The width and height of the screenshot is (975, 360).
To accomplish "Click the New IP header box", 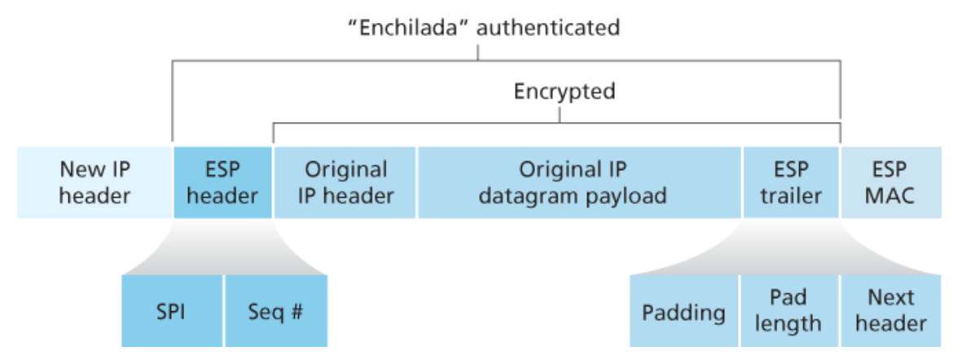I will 94,182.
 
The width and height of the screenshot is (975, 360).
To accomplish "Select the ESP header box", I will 222,182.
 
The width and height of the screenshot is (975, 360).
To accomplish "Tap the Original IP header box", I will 345,182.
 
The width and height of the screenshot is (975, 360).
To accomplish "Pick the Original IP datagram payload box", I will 579,182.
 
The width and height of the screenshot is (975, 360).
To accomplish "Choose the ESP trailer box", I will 791,182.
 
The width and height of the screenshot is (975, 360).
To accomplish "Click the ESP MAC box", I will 891,182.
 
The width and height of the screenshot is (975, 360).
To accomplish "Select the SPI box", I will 172,312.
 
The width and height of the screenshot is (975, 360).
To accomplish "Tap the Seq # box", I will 275,312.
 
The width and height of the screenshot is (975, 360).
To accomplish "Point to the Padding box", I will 683,312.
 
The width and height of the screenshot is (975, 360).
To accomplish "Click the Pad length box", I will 788,310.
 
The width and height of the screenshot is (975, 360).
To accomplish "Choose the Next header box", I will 890,310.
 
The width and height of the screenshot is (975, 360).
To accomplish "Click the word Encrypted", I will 564,91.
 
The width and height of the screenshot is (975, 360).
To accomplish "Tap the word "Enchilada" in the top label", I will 407,27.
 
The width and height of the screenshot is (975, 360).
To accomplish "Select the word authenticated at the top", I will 548,27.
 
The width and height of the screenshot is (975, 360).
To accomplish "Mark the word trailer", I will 791,195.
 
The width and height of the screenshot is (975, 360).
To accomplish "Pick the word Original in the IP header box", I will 345,169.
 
